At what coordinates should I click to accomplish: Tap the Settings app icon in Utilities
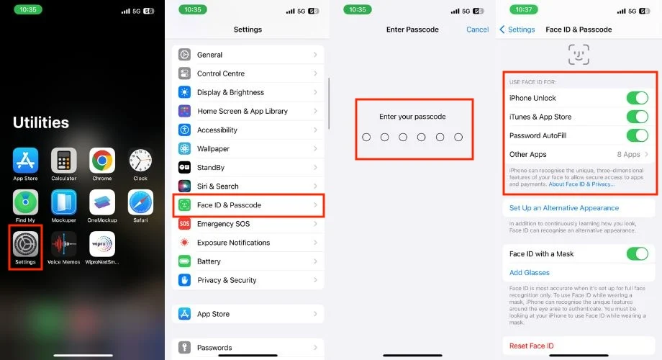point(25,244)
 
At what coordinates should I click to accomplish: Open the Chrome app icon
point(102,161)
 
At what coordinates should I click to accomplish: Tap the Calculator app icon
point(64,161)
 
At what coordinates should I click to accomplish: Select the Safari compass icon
point(140,202)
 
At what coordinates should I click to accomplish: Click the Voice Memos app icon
point(64,244)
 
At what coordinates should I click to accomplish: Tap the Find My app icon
point(25,202)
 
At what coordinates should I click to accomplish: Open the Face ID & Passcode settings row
point(248,205)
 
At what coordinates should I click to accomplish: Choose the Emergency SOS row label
point(223,224)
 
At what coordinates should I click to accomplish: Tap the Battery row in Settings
point(248,261)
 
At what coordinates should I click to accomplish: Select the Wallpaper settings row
point(248,149)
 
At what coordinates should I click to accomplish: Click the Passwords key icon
point(184,347)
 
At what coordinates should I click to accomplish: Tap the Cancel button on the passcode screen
point(478,30)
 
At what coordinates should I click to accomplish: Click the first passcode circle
point(366,138)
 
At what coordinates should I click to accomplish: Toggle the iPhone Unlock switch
point(637,98)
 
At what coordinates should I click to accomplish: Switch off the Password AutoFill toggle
point(637,135)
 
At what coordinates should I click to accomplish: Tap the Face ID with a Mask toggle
point(637,254)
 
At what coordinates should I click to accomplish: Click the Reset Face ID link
point(531,346)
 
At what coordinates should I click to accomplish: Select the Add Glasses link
point(530,273)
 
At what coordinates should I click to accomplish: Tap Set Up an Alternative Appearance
point(564,208)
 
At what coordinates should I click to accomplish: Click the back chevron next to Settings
point(502,30)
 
